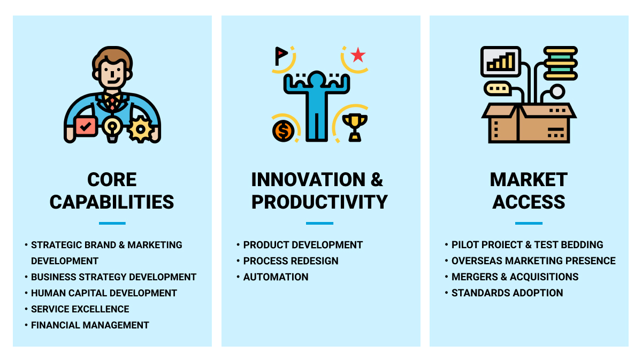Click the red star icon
tap(358, 55)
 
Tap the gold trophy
tap(355, 127)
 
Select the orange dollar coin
tap(283, 131)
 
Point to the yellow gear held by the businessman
tap(140, 129)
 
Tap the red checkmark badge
tap(86, 126)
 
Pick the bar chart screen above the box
tap(501, 62)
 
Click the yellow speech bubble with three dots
tap(498, 89)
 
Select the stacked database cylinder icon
tap(560, 63)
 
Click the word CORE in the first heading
tap(112, 180)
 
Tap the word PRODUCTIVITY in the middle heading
tap(319, 202)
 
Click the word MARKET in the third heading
tap(529, 180)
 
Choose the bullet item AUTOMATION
tap(276, 277)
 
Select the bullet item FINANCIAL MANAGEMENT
tap(90, 325)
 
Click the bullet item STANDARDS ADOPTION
tap(507, 293)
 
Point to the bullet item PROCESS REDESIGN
tap(291, 261)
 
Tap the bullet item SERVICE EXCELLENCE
tap(80, 309)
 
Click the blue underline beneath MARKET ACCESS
tap(529, 223)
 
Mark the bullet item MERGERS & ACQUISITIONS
tap(515, 277)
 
